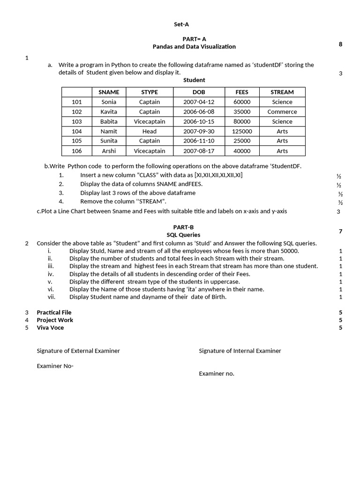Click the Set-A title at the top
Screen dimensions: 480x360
[181, 24]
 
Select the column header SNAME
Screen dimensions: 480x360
[109, 92]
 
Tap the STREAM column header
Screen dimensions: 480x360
[282, 92]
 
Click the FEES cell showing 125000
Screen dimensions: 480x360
[242, 131]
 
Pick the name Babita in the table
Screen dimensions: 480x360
[109, 121]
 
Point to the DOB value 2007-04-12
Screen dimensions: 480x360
[199, 102]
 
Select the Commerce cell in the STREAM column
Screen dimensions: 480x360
[282, 112]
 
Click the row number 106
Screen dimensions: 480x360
[77, 151]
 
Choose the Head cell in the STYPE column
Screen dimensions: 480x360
[150, 131]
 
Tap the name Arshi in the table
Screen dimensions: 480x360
[109, 151]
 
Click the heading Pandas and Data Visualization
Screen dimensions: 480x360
[194, 46]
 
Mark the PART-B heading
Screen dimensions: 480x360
[183, 227]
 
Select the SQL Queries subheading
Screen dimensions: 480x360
[183, 235]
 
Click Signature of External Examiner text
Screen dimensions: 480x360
[78, 351]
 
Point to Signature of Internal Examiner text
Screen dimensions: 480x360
[240, 351]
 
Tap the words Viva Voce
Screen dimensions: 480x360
[50, 328]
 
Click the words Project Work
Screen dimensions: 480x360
[55, 320]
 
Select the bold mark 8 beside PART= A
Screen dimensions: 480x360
[340, 44]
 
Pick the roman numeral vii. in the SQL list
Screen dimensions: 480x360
[52, 297]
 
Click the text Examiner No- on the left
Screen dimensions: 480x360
[55, 366]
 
